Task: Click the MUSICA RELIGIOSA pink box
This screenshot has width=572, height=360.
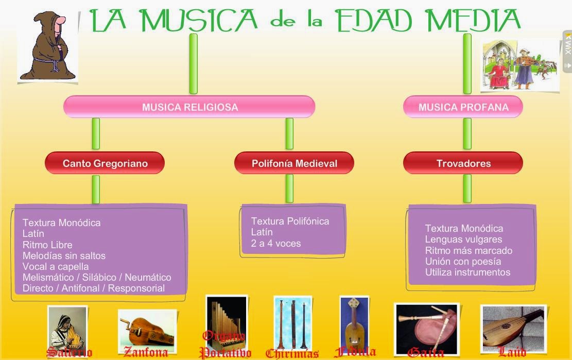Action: point(189,107)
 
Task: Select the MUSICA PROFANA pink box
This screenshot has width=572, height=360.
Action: point(463,107)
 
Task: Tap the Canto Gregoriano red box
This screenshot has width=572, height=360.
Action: point(105,163)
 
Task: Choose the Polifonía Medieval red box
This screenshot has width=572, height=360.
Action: point(294,163)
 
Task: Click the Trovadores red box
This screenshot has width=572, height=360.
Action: point(463,163)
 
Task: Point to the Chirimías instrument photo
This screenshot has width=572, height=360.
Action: point(292,322)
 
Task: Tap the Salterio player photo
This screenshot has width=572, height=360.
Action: point(67,328)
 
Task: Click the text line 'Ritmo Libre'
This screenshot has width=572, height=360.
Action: point(47,245)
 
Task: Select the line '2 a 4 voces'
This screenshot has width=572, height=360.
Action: point(275,244)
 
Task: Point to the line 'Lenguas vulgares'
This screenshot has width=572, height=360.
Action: point(463,239)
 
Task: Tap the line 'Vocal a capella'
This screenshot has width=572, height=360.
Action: point(56,267)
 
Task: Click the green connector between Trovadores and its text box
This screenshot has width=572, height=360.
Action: point(467,188)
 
